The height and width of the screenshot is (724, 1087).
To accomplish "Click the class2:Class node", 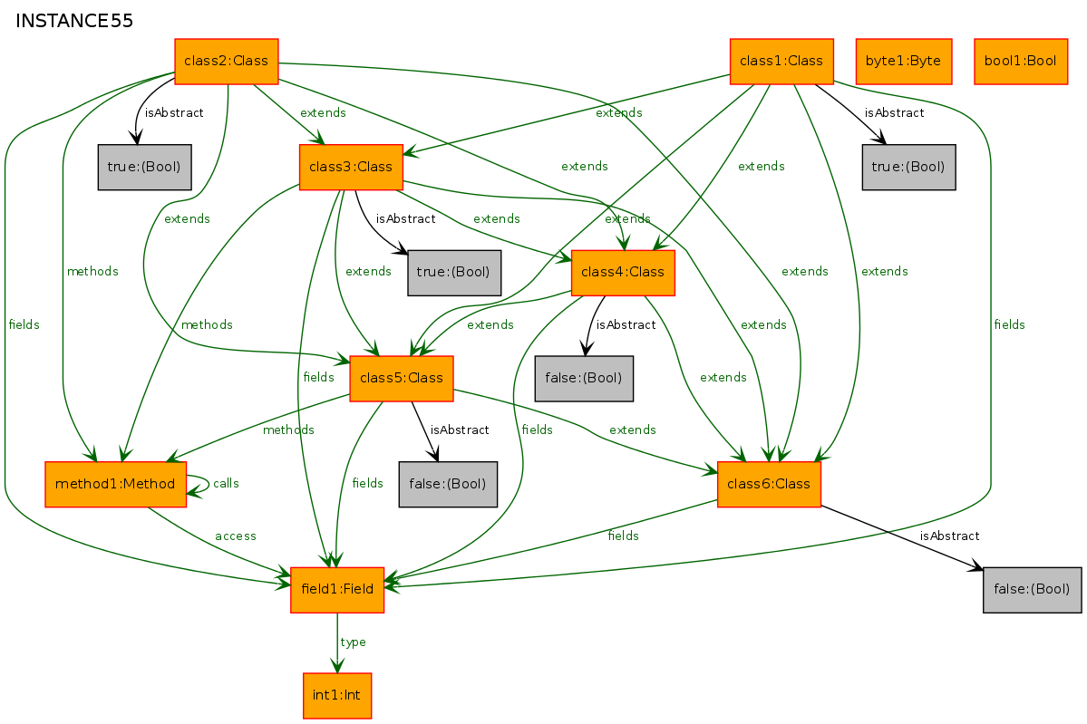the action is point(226,61).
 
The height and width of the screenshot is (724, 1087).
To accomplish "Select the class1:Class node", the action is point(781,61).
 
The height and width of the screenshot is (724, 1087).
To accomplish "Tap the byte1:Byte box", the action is point(903,61).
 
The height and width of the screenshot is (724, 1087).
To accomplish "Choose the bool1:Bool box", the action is point(1021,61).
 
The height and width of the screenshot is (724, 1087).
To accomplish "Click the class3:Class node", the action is point(351,167).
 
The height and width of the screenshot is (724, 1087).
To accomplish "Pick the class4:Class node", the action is point(623,272).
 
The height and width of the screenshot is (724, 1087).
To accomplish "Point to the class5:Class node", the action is point(402,378).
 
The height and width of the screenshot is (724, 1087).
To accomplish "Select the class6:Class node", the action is point(769,484).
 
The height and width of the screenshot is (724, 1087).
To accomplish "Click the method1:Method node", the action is point(115,484).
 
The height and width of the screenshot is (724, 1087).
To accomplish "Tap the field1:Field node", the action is point(337,590).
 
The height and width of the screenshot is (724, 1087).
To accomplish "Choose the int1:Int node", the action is point(337,696).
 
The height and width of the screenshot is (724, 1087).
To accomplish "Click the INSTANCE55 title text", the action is point(74,22).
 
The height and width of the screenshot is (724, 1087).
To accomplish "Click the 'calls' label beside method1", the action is point(226,484).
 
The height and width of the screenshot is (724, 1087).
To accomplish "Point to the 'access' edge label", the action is point(236,536).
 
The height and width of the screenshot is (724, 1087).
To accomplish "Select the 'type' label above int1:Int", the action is point(353,642).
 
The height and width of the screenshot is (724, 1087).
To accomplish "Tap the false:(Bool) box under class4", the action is point(584,378).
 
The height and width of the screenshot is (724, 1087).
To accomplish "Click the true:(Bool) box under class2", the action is point(144,167).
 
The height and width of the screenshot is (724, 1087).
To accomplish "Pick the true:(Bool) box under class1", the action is point(908,167).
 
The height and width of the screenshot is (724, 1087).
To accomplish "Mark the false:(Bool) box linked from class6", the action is point(1033,590).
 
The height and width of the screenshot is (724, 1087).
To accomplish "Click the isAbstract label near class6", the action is point(950,536).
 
